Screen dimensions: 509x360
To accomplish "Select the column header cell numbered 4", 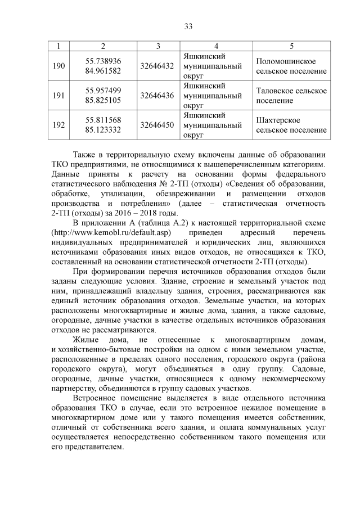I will click(216, 45).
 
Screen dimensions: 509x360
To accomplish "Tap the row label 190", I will click(58, 66).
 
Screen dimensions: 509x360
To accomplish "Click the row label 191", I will click(58, 95).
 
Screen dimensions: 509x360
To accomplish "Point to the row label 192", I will click(58, 124).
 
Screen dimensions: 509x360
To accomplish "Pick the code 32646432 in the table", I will click(157, 66).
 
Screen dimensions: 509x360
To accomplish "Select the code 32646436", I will click(157, 95).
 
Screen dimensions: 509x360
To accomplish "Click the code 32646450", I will click(157, 124).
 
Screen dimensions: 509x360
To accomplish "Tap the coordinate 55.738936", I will click(103, 61).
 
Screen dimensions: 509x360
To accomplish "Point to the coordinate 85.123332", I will click(103, 129).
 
